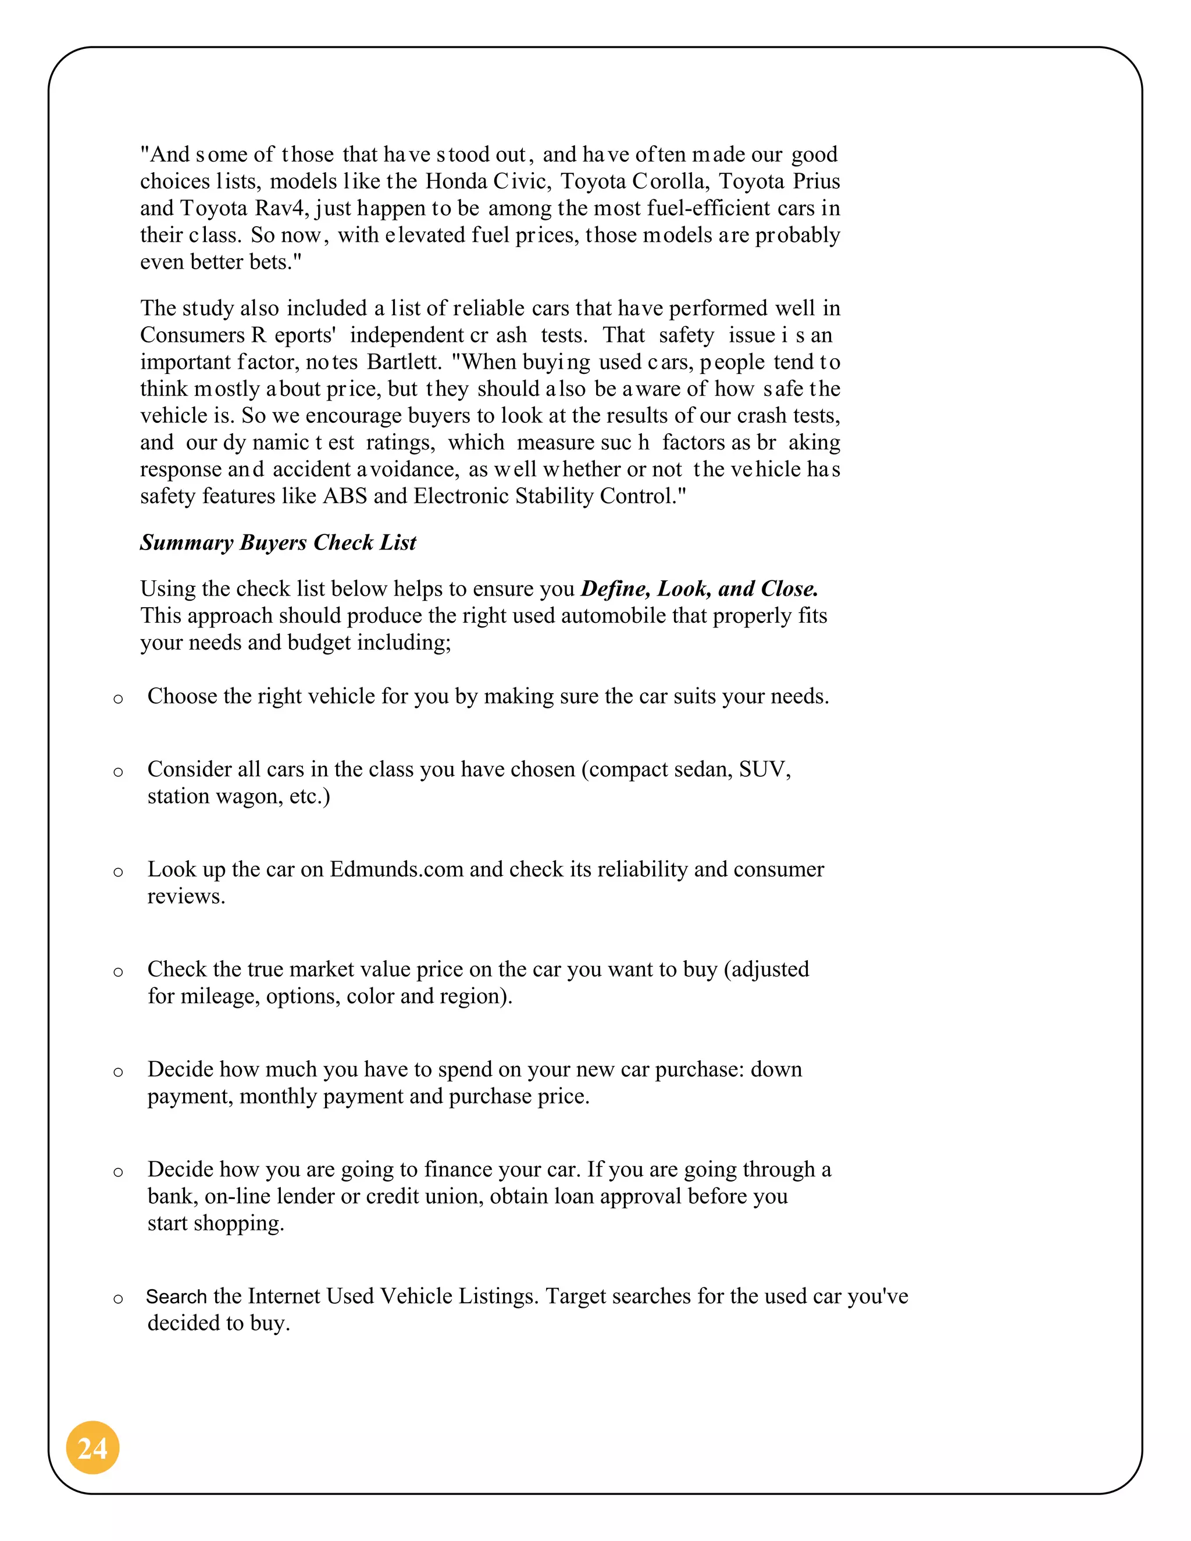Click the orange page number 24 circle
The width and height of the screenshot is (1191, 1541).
[92, 1447]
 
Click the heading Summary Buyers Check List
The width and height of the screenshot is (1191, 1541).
[278, 542]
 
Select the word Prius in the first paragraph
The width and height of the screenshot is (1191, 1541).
[816, 181]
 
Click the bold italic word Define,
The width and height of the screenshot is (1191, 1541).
[615, 588]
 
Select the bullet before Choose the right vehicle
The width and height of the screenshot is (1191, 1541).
[118, 698]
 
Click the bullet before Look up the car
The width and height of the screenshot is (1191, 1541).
[118, 872]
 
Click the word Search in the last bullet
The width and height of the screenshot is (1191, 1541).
[176, 1296]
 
